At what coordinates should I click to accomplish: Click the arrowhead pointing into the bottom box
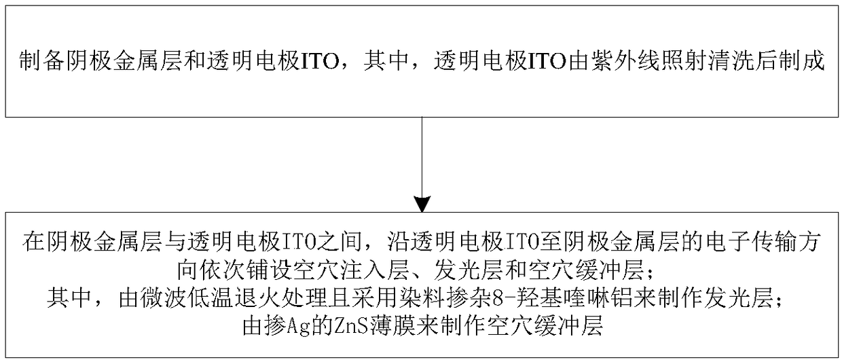422,203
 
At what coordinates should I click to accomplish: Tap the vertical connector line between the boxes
422,156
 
